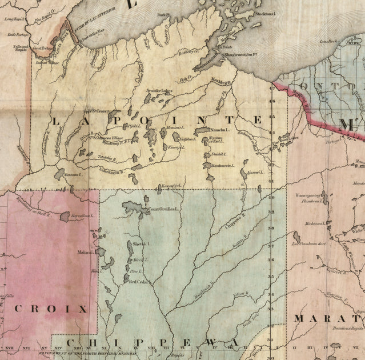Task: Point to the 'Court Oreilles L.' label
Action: pos(164,209)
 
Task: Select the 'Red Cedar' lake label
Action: pos(139,282)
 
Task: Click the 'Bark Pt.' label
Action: pos(165,15)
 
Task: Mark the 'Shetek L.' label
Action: pos(141,244)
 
